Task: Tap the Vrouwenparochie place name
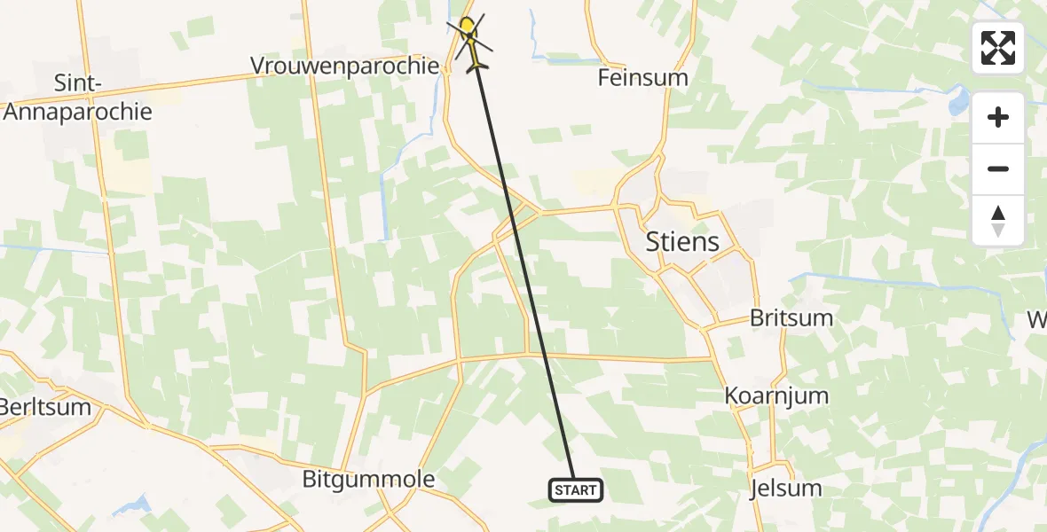click(x=344, y=66)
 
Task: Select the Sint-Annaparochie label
click(x=78, y=98)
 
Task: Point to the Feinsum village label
click(x=642, y=77)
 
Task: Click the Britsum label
click(x=791, y=318)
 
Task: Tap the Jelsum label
click(x=785, y=488)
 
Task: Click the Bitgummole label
click(x=368, y=480)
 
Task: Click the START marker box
click(x=576, y=489)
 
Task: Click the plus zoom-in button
click(x=998, y=118)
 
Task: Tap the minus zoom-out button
click(x=998, y=169)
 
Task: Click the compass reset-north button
click(x=998, y=221)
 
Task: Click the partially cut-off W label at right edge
click(x=1037, y=319)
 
